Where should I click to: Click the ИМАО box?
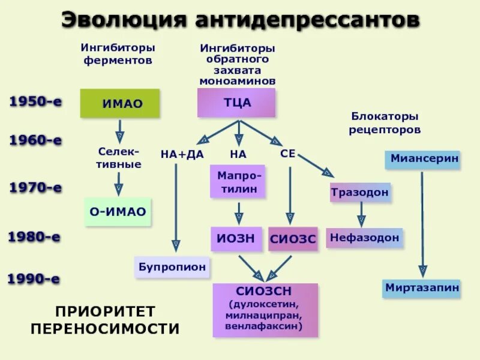[120, 103]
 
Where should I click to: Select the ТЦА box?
[236, 103]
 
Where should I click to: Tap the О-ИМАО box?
[118, 211]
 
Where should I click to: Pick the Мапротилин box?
[238, 182]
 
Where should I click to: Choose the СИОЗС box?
[292, 238]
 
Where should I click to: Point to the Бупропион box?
[172, 266]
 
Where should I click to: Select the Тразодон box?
[360, 193]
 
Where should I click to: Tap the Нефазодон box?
[364, 238]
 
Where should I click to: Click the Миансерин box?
[422, 160]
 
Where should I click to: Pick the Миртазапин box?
[422, 288]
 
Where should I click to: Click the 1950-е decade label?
[35, 101]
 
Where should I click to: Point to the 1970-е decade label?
[35, 188]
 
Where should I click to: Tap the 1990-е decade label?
[34, 278]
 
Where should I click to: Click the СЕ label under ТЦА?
[288, 154]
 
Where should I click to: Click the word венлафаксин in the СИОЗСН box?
[264, 326]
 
